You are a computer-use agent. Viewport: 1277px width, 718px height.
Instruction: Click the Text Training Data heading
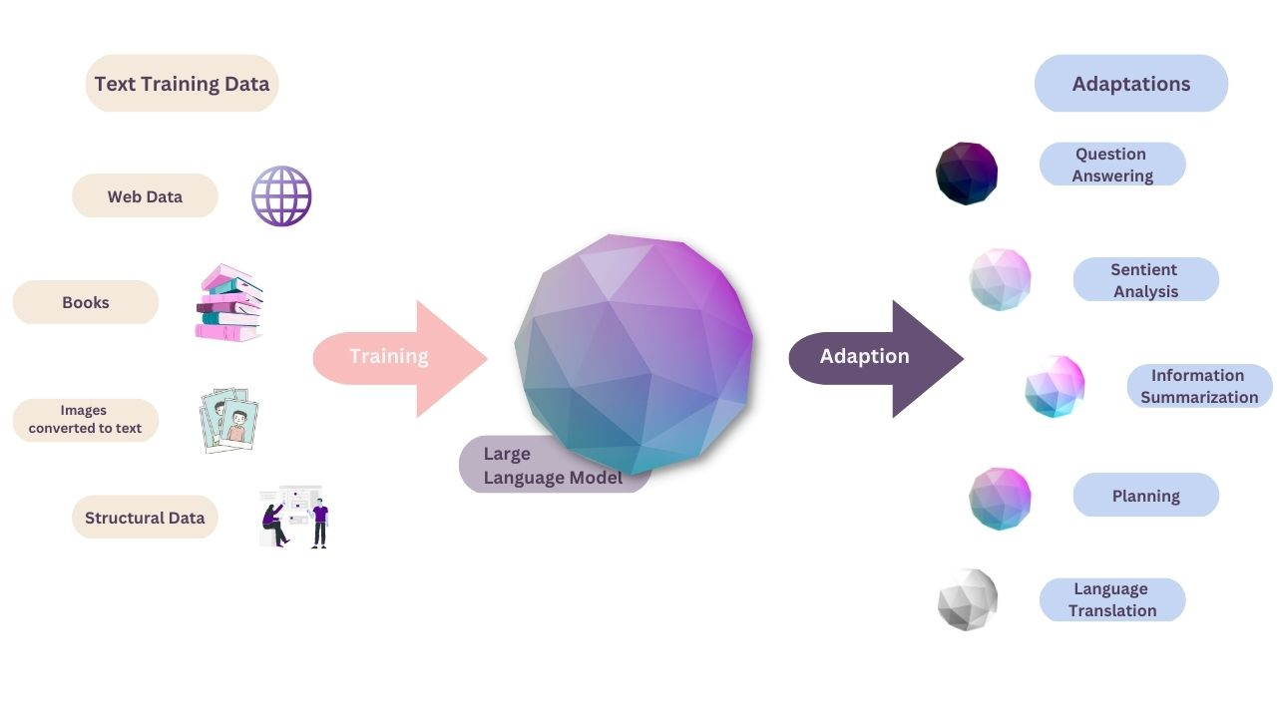click(x=182, y=84)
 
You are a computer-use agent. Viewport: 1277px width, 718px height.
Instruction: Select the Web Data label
click(x=145, y=196)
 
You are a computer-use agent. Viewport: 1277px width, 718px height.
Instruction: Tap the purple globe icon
click(x=281, y=196)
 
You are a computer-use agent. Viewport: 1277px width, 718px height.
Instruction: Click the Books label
click(x=86, y=302)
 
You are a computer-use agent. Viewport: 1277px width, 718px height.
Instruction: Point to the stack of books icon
click(x=228, y=303)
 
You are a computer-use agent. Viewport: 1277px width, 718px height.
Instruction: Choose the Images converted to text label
click(x=86, y=420)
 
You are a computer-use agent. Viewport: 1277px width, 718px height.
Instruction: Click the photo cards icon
click(x=229, y=420)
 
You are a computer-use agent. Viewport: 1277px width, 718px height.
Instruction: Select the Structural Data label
click(x=145, y=518)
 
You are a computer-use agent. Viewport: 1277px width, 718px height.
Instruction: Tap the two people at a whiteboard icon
click(x=294, y=517)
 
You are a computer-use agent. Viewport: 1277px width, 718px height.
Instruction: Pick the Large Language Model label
click(x=553, y=466)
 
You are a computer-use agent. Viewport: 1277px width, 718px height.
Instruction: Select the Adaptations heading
click(x=1130, y=84)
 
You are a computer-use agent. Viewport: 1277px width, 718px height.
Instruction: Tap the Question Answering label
click(x=1112, y=165)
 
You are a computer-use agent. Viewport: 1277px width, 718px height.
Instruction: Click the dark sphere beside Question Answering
click(x=967, y=174)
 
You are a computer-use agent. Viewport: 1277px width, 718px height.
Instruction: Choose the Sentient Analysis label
click(x=1145, y=280)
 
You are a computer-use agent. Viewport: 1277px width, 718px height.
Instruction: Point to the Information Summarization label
click(x=1199, y=386)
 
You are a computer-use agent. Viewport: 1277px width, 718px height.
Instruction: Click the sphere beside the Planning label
click(x=1000, y=498)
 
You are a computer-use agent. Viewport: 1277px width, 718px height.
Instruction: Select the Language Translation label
click(x=1112, y=600)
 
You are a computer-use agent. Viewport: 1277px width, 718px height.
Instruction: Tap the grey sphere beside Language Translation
click(x=968, y=599)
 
